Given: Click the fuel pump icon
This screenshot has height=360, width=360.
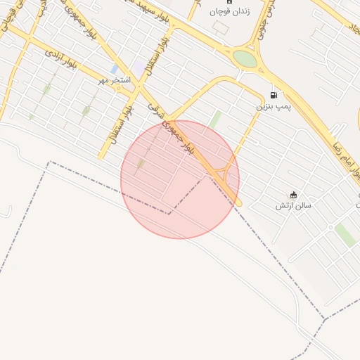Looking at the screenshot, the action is (x=274, y=94).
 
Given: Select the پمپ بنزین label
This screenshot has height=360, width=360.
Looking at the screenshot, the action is (x=273, y=106).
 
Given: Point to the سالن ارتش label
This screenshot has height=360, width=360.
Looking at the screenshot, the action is (x=293, y=205).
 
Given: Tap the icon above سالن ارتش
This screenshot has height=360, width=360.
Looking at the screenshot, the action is (x=293, y=195).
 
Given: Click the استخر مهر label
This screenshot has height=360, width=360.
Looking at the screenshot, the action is (x=115, y=80).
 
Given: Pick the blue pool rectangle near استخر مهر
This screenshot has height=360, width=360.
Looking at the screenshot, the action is (x=114, y=69).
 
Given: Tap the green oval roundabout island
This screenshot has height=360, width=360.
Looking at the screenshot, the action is (x=245, y=58).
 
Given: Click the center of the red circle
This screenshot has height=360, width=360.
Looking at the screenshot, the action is (x=180, y=179).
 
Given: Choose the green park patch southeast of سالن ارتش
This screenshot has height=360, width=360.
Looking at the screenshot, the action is (x=345, y=234).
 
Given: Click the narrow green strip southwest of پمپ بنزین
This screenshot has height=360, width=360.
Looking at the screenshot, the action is (x=215, y=120).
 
